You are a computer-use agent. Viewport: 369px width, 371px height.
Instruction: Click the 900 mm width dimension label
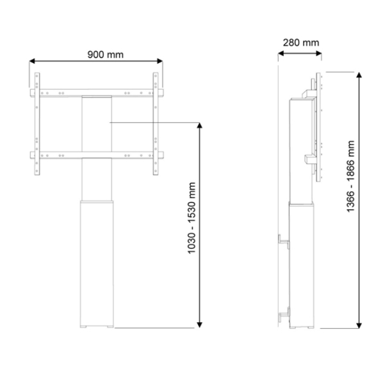(106, 55)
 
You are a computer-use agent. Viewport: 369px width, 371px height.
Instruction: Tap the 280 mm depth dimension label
(301, 43)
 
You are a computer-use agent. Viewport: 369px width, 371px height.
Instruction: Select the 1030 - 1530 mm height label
(191, 218)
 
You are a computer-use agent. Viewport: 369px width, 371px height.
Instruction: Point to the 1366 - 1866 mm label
(350, 176)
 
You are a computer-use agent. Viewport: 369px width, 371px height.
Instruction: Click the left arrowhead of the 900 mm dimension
(32, 61)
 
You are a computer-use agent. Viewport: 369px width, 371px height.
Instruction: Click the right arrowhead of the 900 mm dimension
(160, 61)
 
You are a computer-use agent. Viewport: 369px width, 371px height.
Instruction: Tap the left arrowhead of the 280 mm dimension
(281, 53)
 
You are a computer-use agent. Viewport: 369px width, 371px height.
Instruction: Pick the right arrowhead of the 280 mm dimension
(318, 53)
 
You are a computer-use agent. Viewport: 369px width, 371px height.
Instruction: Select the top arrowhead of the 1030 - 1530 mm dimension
(200, 125)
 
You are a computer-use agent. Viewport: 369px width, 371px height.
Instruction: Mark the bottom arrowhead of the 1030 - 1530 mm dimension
(200, 325)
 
